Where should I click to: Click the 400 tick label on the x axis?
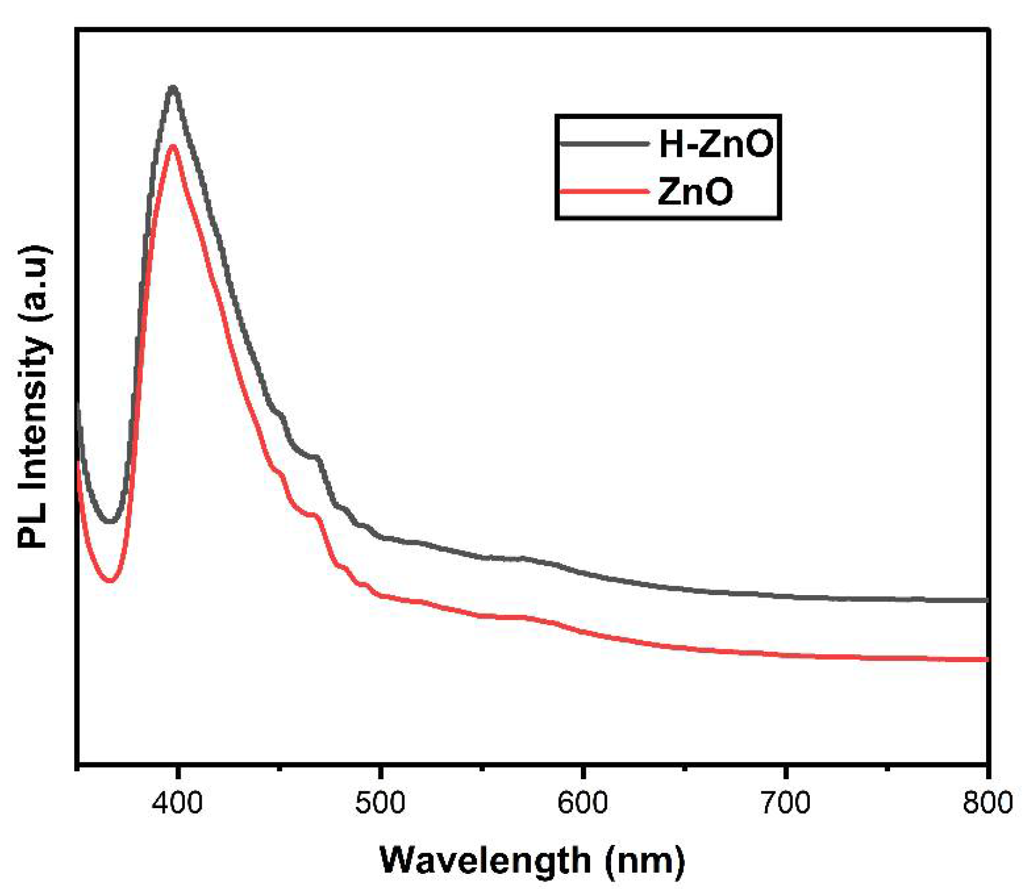pyautogui.click(x=177, y=803)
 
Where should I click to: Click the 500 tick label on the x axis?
pyautogui.click(x=380, y=803)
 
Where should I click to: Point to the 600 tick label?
pyautogui.click(x=583, y=803)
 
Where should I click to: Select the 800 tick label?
pyautogui.click(x=987, y=803)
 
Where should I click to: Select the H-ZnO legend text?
pyautogui.click(x=716, y=144)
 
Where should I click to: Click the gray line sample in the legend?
pyautogui.click(x=604, y=144)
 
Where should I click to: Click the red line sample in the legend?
pyautogui.click(x=604, y=191)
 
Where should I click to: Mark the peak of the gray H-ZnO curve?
pyautogui.click(x=173, y=88)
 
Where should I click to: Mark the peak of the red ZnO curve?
pyautogui.click(x=173, y=146)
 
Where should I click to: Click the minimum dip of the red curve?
pyautogui.click(x=110, y=581)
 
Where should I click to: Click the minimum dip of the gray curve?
pyautogui.click(x=110, y=521)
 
